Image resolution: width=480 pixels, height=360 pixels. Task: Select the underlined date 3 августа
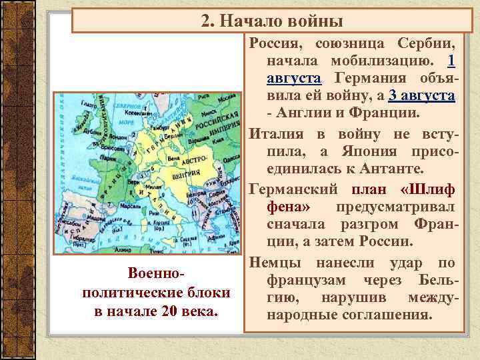(423, 96)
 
